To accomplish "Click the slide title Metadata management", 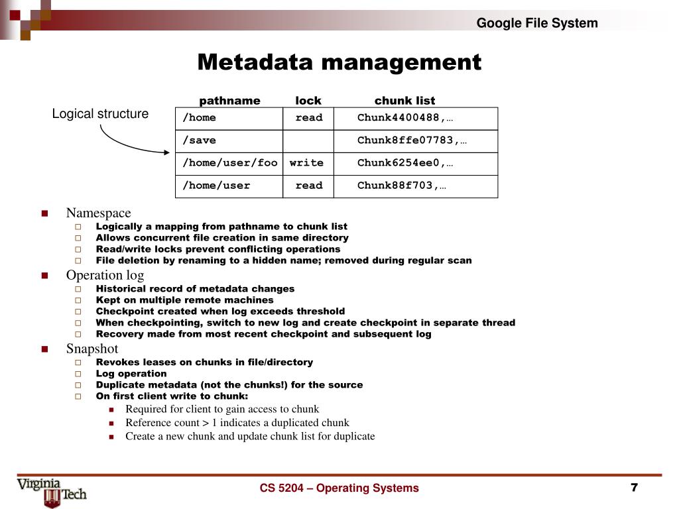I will [x=339, y=62].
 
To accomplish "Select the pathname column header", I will [x=229, y=101].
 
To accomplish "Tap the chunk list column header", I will [x=404, y=101].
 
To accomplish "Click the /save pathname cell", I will [x=229, y=141].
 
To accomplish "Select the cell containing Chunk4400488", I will [x=405, y=118].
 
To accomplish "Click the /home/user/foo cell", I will [x=229, y=162].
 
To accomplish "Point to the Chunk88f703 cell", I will [x=401, y=186].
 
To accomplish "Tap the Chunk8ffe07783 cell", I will [x=407, y=141].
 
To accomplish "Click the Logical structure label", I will [x=100, y=114].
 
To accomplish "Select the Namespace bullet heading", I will [x=98, y=213].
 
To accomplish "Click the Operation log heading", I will [x=105, y=275].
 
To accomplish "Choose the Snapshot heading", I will [x=92, y=349].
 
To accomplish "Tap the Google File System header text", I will [x=537, y=23].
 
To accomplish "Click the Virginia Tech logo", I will [x=52, y=491].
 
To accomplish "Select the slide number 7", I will [x=634, y=488].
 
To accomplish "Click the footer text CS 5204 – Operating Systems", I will [x=339, y=488].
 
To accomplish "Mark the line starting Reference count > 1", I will [x=237, y=423].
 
